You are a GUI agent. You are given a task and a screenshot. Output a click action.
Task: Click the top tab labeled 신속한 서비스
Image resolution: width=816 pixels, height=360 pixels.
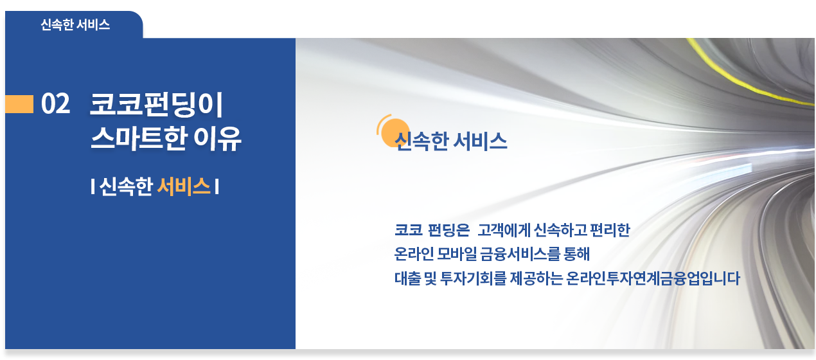point(75,25)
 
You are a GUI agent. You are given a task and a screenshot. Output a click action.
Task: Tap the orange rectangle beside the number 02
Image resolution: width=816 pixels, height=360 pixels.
point(19,104)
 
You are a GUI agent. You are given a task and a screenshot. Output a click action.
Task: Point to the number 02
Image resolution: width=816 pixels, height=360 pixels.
point(55,104)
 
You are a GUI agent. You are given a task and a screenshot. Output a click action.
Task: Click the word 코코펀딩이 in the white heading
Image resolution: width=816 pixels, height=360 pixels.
point(157,105)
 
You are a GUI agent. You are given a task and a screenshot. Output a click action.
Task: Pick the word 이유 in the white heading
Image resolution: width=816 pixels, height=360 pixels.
point(217,138)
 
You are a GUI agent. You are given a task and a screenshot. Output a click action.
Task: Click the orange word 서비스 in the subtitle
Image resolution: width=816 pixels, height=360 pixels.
point(184,186)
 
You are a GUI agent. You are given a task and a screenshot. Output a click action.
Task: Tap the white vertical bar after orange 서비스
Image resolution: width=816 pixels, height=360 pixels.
point(217,186)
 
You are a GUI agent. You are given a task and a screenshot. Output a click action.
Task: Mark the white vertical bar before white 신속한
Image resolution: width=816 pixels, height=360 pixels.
point(93,186)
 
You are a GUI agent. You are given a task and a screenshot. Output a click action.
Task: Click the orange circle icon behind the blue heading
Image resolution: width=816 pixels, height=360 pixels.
point(393,131)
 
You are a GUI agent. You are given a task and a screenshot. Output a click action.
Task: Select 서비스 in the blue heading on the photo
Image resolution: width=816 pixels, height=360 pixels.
point(480,141)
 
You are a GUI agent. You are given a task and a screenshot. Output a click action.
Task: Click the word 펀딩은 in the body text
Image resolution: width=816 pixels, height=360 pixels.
point(448,230)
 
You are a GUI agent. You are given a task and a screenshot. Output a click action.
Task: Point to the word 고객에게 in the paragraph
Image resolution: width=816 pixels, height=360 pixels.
point(504,230)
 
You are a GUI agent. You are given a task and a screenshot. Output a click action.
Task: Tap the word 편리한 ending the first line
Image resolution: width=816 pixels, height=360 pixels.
point(610,230)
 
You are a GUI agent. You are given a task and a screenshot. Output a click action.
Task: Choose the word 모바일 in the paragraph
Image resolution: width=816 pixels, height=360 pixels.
point(457,254)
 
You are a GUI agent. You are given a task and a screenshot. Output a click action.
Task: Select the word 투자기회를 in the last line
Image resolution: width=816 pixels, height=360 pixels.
point(473,278)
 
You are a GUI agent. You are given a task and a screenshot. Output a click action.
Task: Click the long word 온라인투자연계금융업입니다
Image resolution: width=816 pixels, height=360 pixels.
point(653,278)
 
